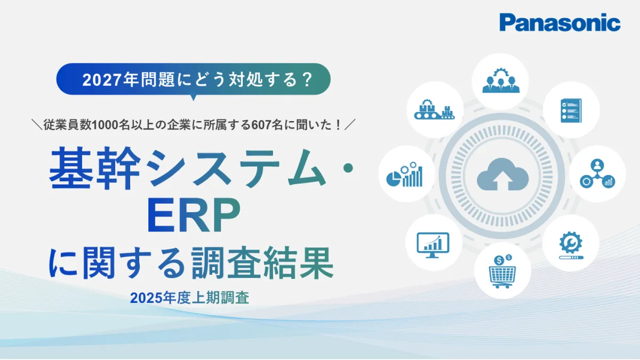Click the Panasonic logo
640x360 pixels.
559,22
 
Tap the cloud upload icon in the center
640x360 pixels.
502,174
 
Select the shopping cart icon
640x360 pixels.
502,271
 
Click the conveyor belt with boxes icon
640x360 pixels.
434,109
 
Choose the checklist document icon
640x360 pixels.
571,110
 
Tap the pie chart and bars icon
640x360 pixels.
404,174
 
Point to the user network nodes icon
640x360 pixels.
597,174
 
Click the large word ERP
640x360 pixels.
194,215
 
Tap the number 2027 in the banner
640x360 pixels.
101,80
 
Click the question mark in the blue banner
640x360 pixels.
307,79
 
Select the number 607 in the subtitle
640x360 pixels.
261,125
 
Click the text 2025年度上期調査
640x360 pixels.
189,298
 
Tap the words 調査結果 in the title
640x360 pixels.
262,263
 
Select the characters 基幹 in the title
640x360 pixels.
95,168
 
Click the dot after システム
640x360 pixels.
348,168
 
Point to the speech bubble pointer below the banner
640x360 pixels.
194,98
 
